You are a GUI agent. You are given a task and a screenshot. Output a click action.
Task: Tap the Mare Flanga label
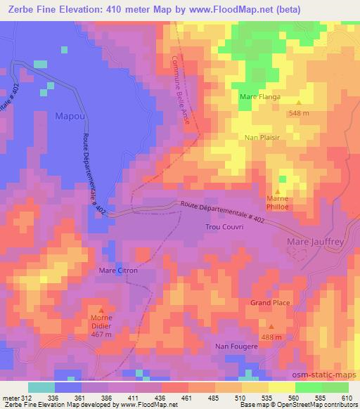click(260, 97)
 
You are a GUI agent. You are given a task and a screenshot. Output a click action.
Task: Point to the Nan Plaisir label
click(262, 138)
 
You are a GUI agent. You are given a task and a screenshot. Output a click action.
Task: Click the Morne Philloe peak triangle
click(278, 191)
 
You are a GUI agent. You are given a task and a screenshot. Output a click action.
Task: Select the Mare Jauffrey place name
click(314, 243)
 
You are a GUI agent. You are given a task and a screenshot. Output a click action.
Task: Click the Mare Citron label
click(118, 270)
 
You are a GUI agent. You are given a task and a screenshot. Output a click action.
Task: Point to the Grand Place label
click(271, 303)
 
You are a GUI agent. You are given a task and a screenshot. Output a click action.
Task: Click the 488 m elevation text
click(272, 337)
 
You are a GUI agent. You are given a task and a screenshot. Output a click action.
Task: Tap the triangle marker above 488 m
click(272, 327)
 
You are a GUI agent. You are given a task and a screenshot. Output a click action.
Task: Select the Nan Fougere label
click(235, 346)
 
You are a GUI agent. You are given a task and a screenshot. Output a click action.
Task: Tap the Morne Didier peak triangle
click(101, 310)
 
